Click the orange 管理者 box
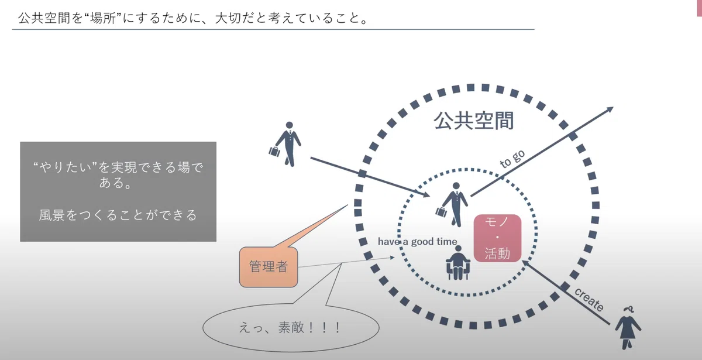coord(269,267)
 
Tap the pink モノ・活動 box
coord(497,238)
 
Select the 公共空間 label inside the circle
coord(473,121)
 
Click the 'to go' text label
coord(512,159)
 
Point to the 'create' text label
coord(589,300)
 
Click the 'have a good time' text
coord(417,241)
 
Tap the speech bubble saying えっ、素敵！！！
coord(291,327)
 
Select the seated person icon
coord(458,263)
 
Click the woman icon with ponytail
coord(628,328)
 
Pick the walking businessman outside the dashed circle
coord(285,144)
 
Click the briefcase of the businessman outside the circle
coord(274,152)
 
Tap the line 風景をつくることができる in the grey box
coord(118,215)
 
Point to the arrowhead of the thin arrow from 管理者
coord(392,258)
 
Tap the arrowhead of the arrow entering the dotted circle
coord(426,195)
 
